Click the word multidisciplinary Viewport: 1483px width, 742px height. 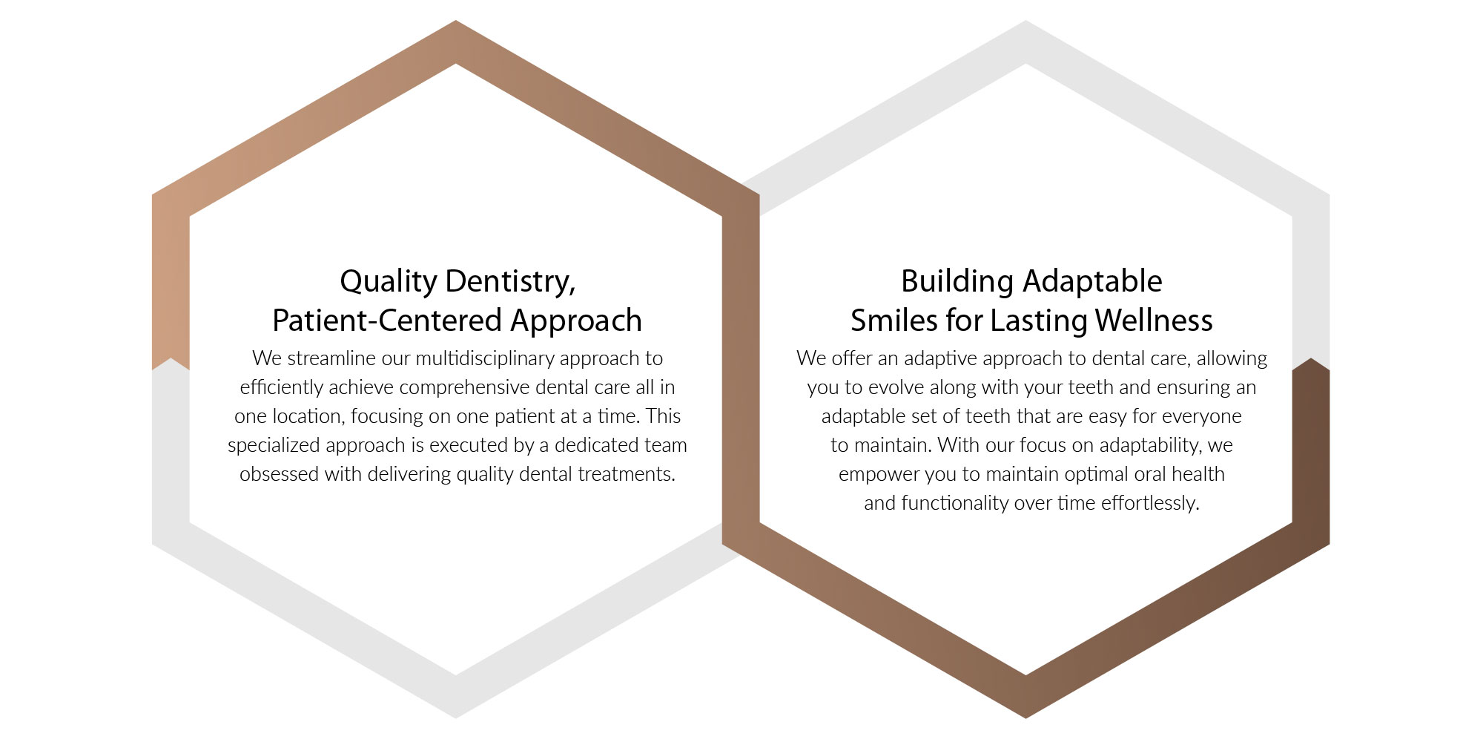pyautogui.click(x=485, y=359)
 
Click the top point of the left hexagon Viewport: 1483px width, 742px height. pyautogui.click(x=455, y=21)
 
